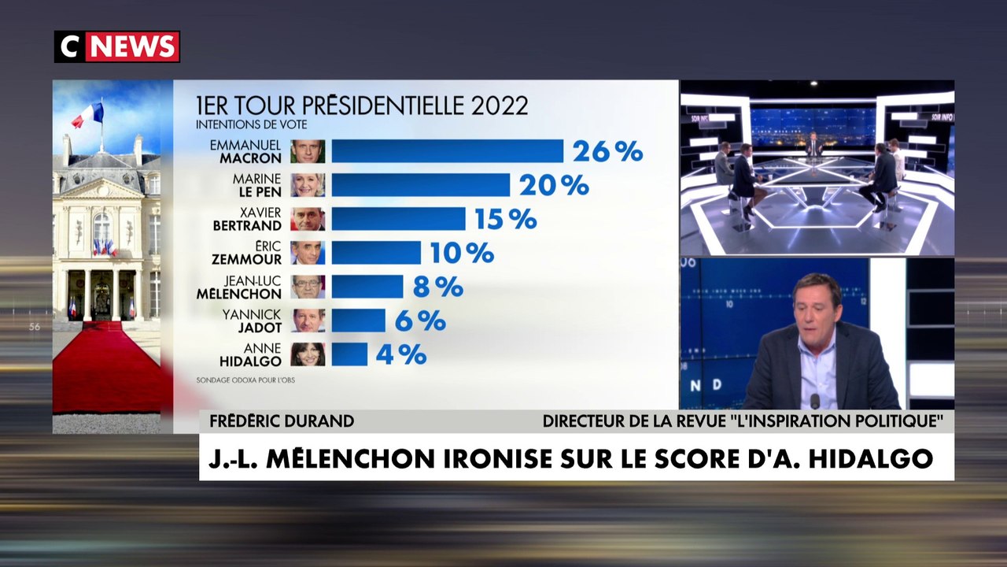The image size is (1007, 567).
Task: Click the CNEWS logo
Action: [116, 46]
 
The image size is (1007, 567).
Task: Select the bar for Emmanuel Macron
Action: [447, 151]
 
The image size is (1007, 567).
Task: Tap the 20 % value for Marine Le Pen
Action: [554, 185]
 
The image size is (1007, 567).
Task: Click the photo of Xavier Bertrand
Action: [308, 219]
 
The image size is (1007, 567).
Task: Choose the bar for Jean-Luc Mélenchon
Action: [367, 287]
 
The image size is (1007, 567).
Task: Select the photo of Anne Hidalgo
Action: [308, 354]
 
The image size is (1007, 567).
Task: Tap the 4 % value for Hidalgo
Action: [401, 354]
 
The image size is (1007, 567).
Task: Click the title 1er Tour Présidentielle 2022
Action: [362, 106]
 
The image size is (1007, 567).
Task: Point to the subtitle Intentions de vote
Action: [251, 124]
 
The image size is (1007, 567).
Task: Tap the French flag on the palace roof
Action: [88, 117]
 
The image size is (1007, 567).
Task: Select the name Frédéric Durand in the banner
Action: [282, 421]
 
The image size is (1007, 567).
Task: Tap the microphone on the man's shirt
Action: [815, 400]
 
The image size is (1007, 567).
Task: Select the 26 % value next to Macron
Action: [607, 151]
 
